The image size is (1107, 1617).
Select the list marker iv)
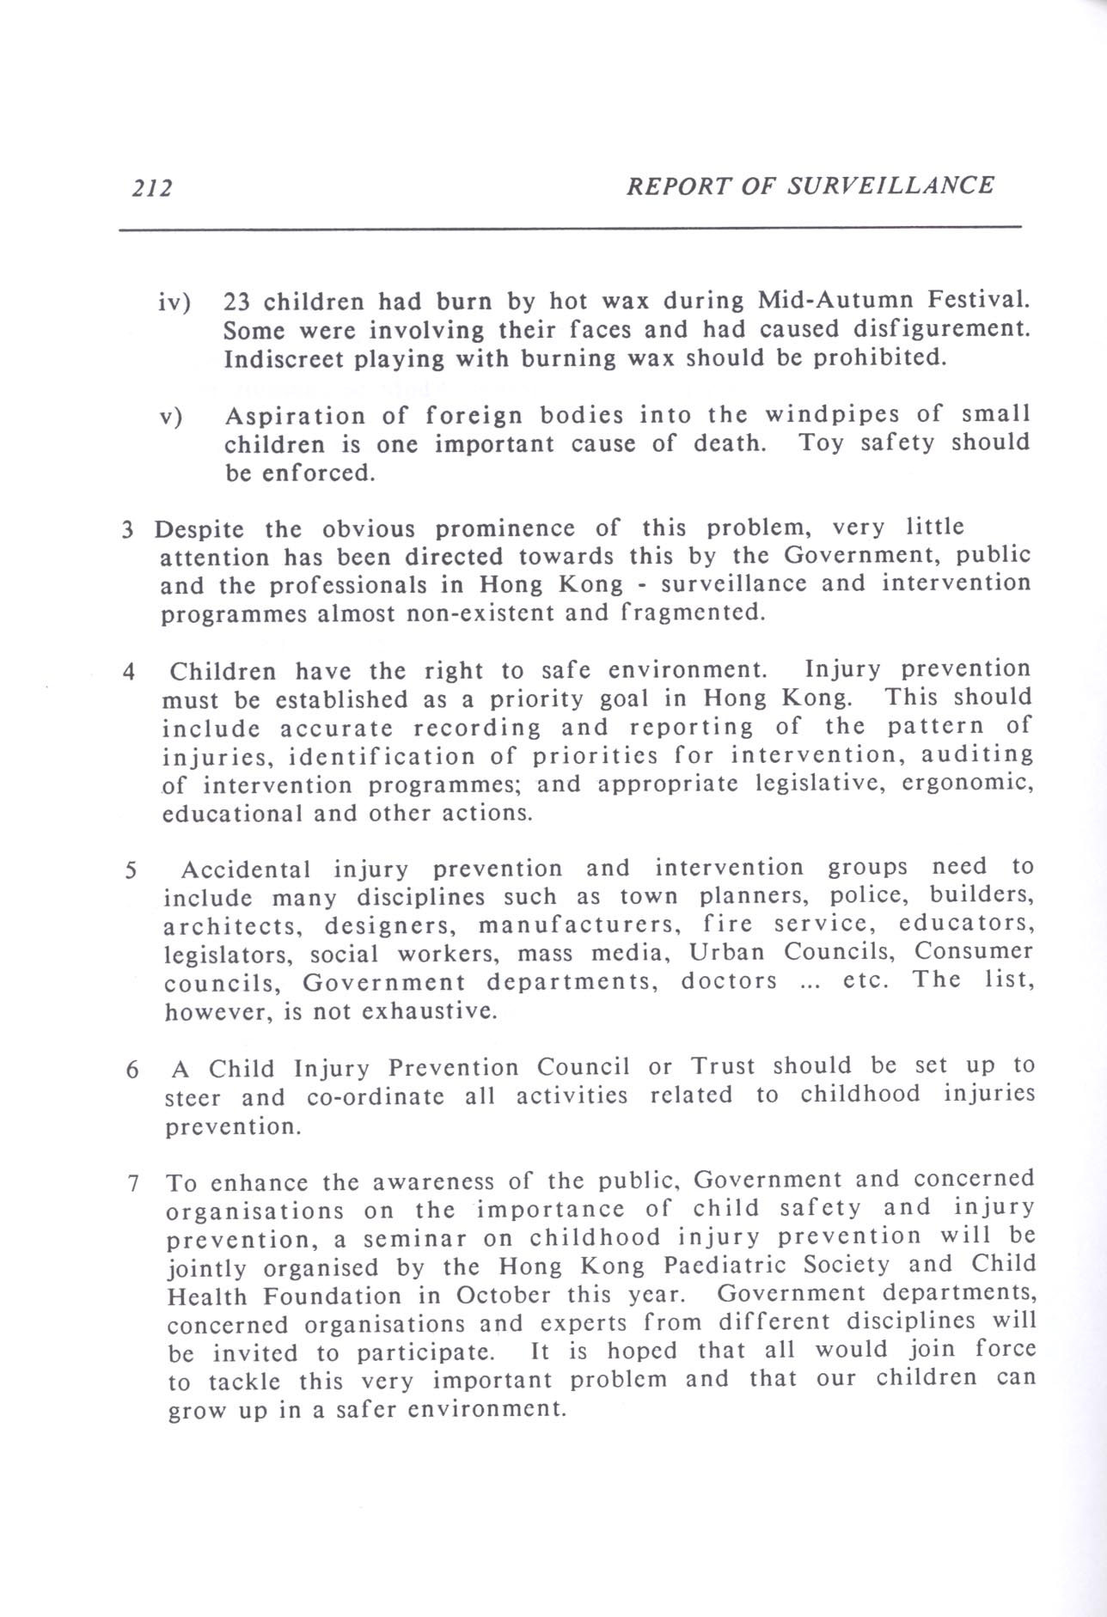pos(174,302)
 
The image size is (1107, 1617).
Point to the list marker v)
pos(173,418)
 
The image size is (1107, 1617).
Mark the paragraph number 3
pos(127,529)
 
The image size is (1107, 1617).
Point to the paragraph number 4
pos(128,672)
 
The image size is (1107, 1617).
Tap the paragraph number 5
pos(131,870)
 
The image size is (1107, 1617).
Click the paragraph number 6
pos(131,1071)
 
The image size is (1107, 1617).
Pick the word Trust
pos(723,1067)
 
